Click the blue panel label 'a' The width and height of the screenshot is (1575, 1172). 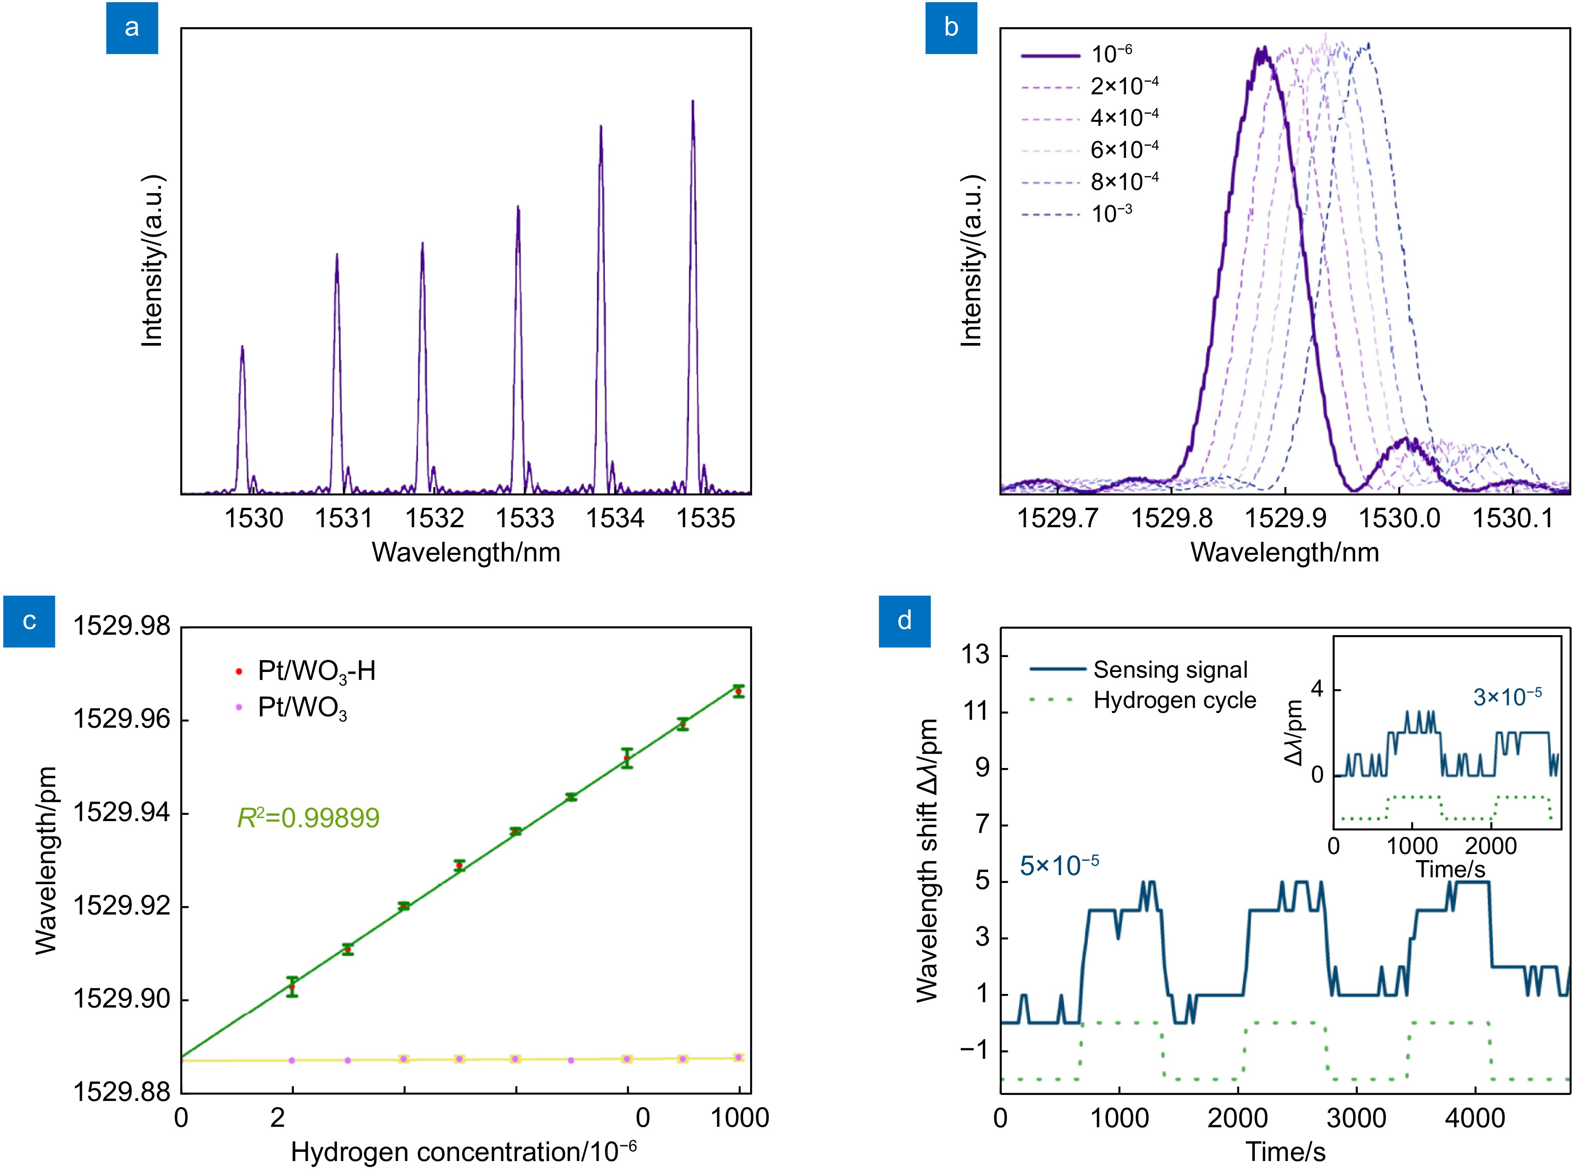132,28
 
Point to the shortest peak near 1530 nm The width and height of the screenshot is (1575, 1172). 243,348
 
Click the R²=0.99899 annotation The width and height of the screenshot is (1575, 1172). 309,818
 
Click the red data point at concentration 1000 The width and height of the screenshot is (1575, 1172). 739,691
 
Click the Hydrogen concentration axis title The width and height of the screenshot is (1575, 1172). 463,1151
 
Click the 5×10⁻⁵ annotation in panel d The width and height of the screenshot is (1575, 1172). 1059,865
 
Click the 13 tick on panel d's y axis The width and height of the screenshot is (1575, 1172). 975,655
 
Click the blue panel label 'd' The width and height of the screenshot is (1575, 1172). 904,621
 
